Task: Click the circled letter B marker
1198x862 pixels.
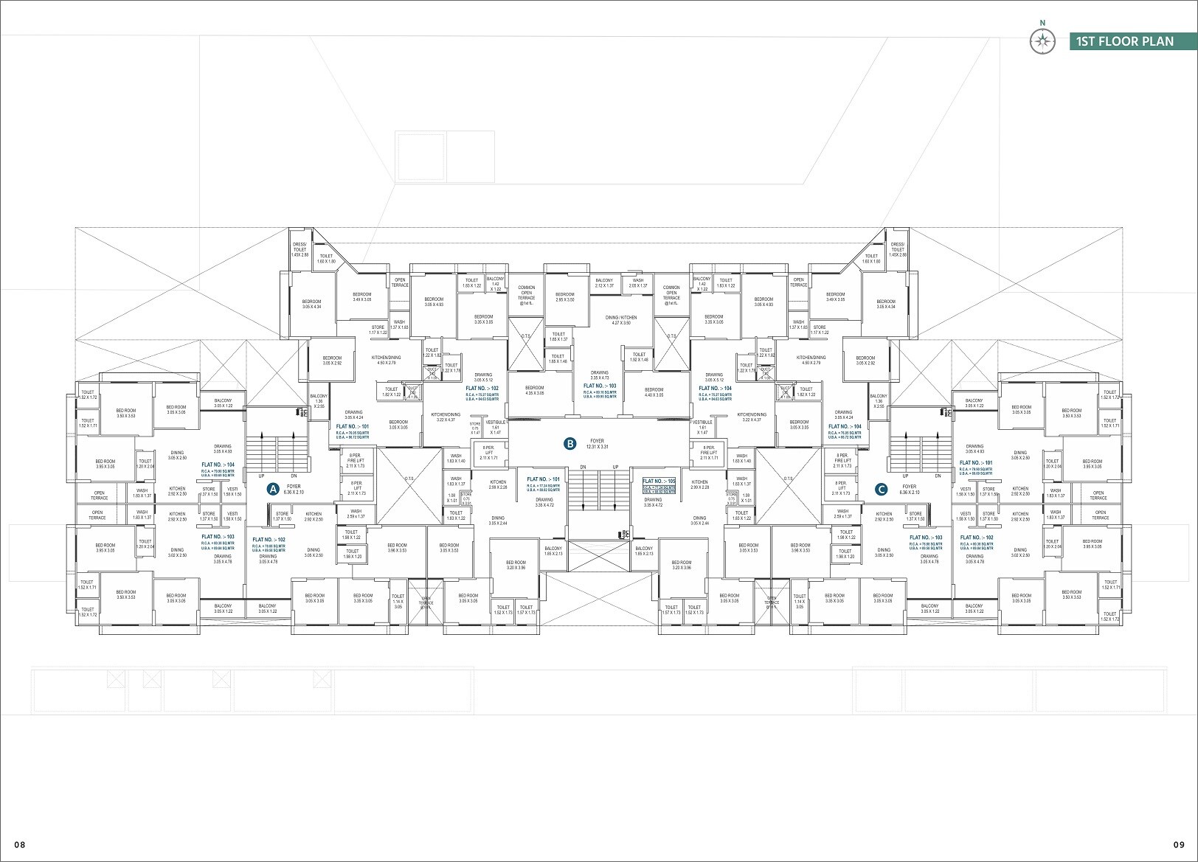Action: click(569, 444)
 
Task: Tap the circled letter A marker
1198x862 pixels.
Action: click(272, 489)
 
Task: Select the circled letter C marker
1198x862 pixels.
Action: click(880, 489)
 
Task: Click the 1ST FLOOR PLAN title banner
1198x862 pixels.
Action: click(1124, 41)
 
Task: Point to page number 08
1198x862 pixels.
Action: click(19, 844)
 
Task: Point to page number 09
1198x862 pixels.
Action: click(1178, 844)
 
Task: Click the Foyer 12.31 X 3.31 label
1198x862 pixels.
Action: click(597, 444)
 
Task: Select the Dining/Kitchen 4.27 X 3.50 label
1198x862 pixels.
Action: click(620, 320)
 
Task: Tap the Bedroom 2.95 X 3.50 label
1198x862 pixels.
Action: click(565, 297)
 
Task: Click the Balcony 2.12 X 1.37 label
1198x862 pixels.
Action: click(604, 283)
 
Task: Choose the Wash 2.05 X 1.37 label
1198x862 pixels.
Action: click(638, 283)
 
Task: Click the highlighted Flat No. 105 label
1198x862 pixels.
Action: click(659, 484)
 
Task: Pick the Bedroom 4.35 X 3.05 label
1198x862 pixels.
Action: click(535, 391)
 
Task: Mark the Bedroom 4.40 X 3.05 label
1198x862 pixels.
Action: click(654, 392)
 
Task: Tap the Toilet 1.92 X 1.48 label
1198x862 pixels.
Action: click(639, 357)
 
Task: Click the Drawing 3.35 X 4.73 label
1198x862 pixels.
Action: click(599, 375)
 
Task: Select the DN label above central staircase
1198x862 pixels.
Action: click(583, 468)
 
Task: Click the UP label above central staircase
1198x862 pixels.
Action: click(615, 468)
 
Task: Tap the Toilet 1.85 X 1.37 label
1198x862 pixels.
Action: click(558, 336)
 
